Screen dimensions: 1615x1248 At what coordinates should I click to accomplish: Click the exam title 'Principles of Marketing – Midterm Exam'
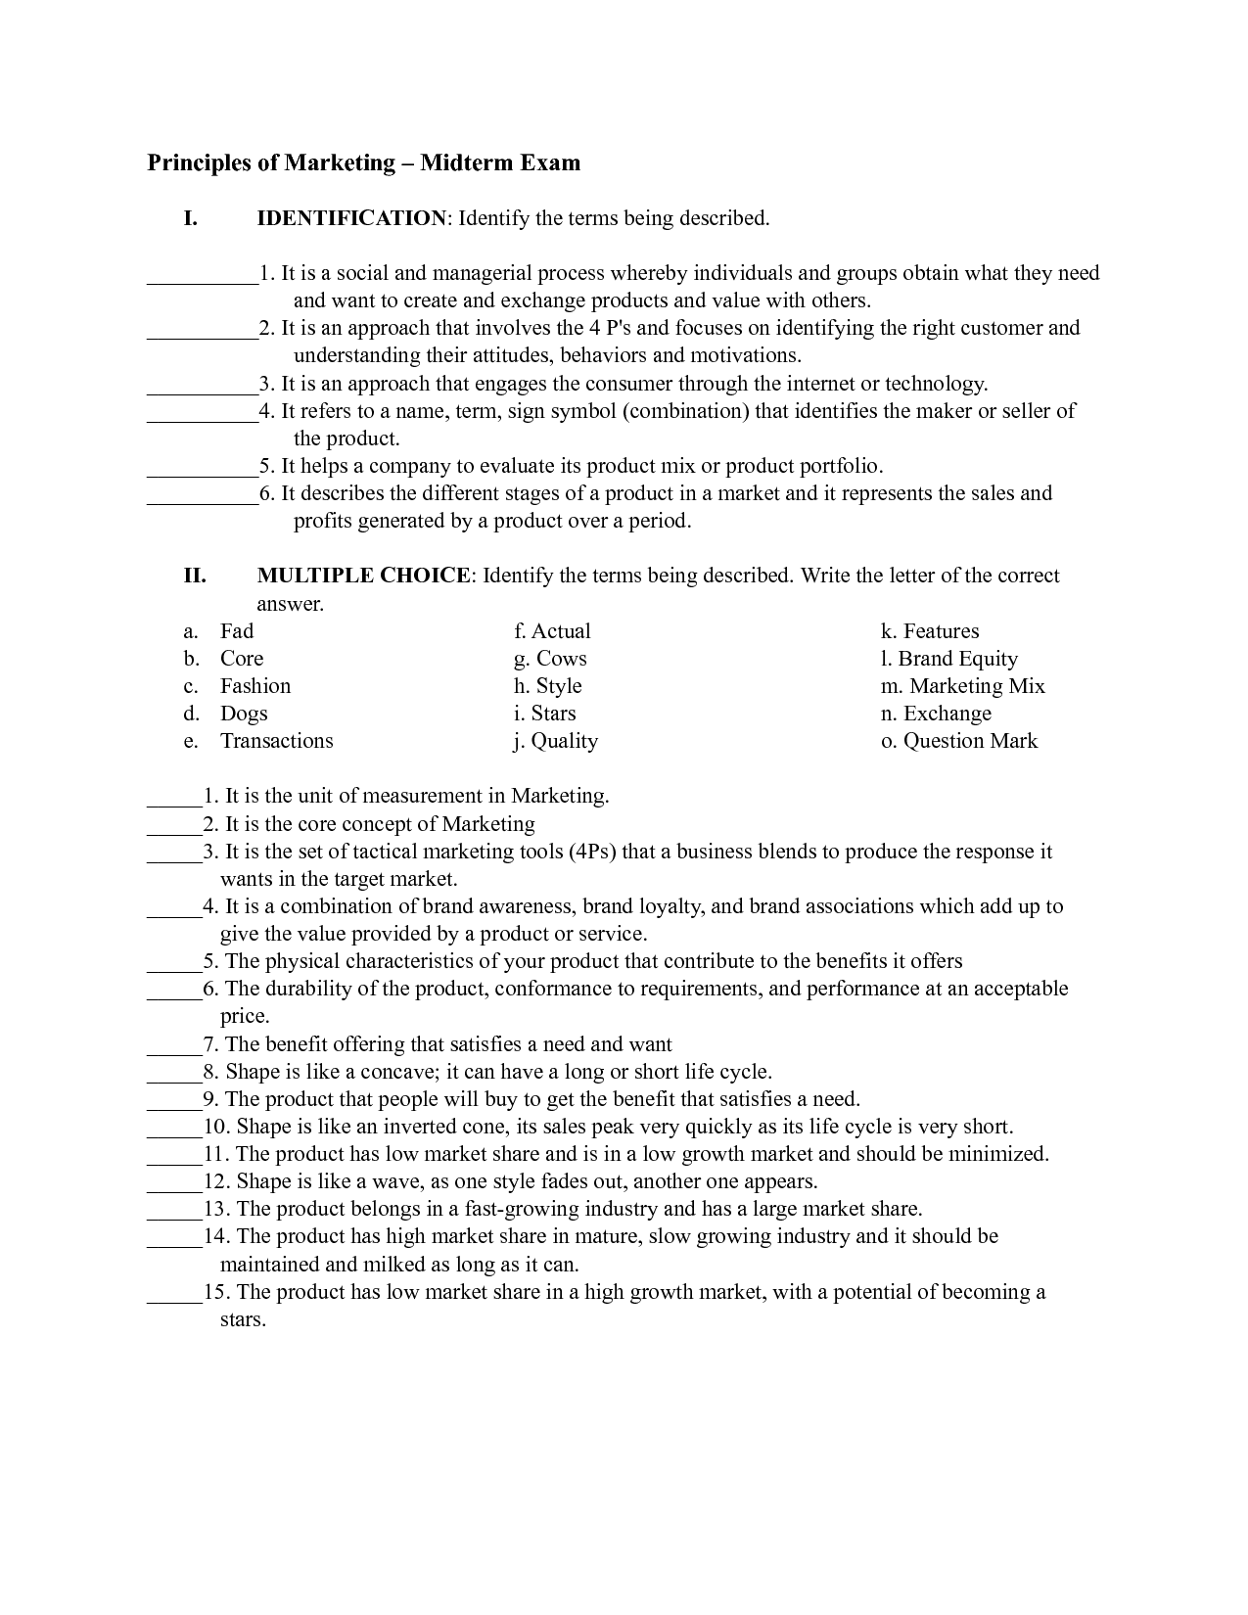[x=363, y=162]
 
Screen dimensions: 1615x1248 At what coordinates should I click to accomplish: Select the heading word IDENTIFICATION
[x=351, y=218]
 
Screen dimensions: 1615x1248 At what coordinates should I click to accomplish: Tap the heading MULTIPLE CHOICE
[x=363, y=576]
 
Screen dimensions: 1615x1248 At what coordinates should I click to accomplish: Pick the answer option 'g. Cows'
[x=550, y=659]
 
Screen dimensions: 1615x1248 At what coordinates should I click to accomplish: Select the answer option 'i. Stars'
[x=545, y=714]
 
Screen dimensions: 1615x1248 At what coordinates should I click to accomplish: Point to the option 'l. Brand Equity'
[x=948, y=659]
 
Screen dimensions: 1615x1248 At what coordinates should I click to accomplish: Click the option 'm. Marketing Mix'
[x=962, y=686]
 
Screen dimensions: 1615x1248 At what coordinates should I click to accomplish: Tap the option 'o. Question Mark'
[x=958, y=741]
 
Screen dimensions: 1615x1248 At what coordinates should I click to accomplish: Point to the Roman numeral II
[x=195, y=576]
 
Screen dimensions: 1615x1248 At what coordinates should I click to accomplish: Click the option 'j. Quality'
[x=555, y=741]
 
